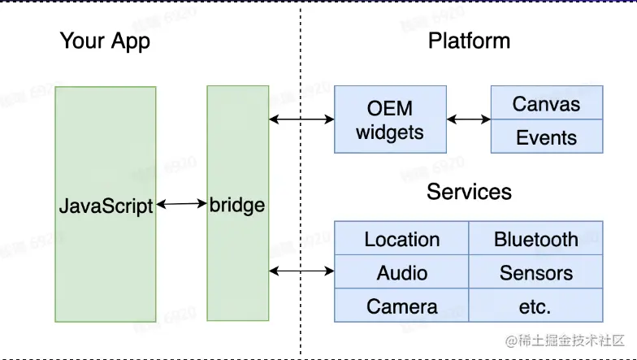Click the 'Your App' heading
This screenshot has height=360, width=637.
coord(105,41)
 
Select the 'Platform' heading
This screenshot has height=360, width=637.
coord(469,41)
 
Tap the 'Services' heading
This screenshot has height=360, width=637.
coord(469,192)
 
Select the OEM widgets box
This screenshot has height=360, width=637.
coord(390,119)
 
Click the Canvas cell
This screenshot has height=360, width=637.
coord(547,103)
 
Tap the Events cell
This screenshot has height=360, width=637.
coord(547,137)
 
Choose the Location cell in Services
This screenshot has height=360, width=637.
coord(401,239)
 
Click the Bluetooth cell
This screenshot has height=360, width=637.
coord(536,239)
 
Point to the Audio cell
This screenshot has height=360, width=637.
coord(401,273)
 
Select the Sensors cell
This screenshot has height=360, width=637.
coord(536,273)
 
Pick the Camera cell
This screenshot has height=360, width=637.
coord(401,306)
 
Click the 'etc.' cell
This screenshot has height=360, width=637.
coord(536,306)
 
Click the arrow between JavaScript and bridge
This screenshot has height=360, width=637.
coord(181,205)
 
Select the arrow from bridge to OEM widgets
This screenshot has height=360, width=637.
coord(301,119)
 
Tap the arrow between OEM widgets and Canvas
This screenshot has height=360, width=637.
coord(469,119)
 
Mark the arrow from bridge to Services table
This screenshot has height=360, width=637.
coord(301,270)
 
